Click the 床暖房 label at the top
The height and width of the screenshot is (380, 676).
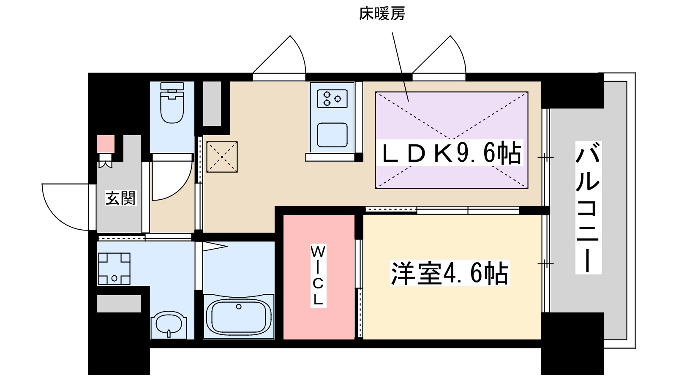[382, 14]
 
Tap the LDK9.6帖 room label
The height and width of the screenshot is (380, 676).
[450, 153]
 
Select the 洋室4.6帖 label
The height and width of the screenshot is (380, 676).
[450, 273]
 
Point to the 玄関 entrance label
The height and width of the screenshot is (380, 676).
[120, 198]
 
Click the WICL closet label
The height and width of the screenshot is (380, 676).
[318, 275]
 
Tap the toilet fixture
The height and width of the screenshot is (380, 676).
[172, 103]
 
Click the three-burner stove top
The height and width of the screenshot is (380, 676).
[332, 99]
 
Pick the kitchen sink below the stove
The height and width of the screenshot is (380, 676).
[332, 135]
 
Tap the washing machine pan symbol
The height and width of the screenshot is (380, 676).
[114, 269]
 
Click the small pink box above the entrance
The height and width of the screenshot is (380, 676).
[106, 144]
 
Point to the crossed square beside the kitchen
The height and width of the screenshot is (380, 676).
[222, 157]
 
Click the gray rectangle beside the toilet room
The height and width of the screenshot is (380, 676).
[212, 103]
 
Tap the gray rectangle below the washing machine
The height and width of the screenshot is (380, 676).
[119, 304]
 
